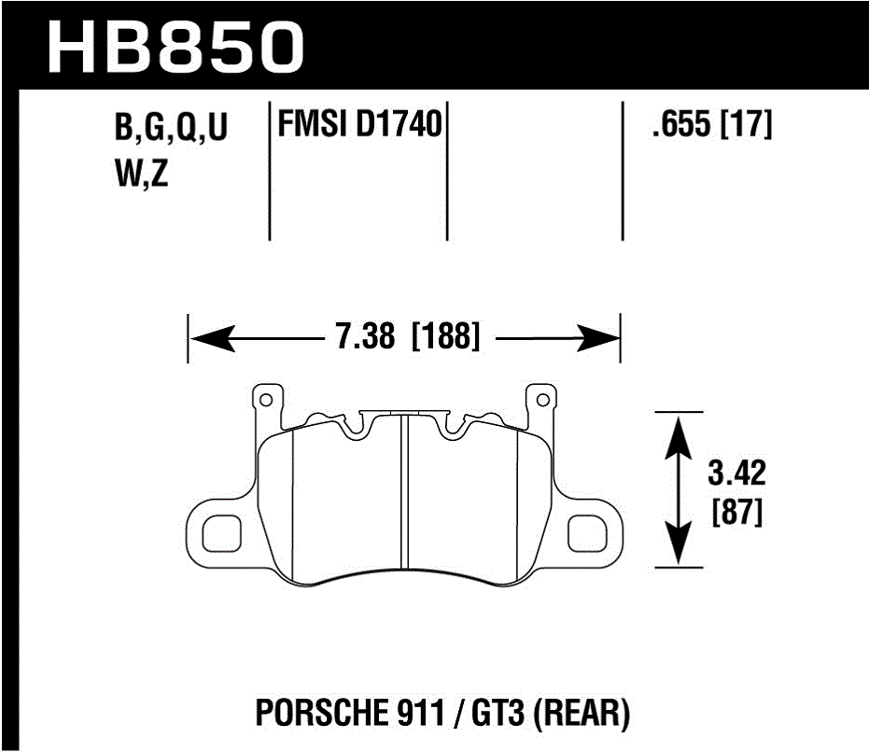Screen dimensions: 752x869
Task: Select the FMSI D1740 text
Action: (358, 124)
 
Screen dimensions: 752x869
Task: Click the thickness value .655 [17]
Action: (712, 125)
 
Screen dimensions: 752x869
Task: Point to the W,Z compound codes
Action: (141, 175)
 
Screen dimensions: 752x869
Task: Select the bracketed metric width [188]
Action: (445, 334)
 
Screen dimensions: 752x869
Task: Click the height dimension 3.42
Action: (736, 474)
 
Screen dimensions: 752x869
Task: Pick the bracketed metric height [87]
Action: (736, 513)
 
